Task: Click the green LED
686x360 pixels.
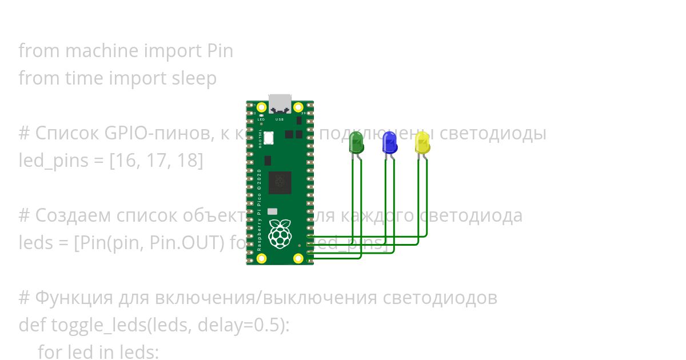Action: [356, 142]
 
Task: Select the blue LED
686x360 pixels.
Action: [389, 142]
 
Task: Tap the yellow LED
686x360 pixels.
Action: [422, 142]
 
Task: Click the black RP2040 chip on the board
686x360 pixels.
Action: [280, 182]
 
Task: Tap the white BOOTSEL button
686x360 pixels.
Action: [269, 138]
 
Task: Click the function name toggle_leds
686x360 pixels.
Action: [99, 325]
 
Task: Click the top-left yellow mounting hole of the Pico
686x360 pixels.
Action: [262, 107]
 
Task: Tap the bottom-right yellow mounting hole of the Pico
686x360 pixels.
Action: [298, 258]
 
